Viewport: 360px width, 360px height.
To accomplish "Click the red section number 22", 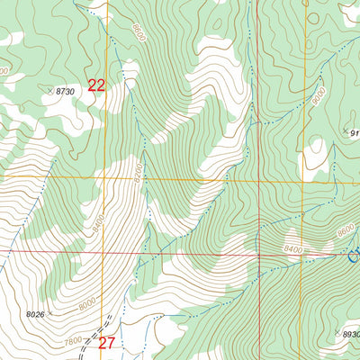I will (x=97, y=85).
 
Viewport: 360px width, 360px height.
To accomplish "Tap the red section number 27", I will (x=107, y=343).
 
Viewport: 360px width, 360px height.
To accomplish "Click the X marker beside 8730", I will (x=49, y=91).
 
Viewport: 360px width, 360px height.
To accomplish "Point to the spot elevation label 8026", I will (x=35, y=314).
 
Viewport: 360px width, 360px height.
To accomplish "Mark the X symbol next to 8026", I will (x=51, y=313).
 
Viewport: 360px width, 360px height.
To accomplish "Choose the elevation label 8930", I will (x=351, y=333).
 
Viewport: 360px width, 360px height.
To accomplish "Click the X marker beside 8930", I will (x=337, y=333).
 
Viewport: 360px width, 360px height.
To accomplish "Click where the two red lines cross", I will (x=258, y=255).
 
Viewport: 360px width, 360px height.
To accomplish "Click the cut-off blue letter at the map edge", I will (x=355, y=257).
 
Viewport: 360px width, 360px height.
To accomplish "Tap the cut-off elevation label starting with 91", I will (x=354, y=133).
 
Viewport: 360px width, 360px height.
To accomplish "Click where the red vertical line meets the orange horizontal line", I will (x=256, y=179).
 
